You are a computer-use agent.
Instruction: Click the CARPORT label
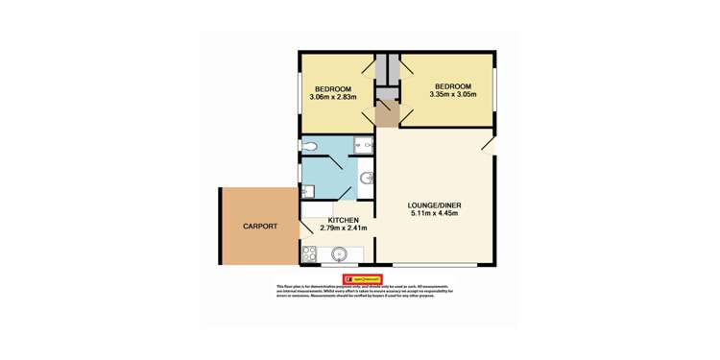[x=259, y=227]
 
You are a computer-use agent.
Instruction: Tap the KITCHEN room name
[x=317, y=220]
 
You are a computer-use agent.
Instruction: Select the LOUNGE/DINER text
[x=430, y=205]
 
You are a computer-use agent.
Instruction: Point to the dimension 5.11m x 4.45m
[x=430, y=214]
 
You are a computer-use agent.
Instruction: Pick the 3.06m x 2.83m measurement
[x=333, y=97]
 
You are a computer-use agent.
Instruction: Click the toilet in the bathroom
[x=310, y=146]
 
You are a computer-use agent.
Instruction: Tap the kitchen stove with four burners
[x=309, y=254]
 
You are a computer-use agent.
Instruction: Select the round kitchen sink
[x=339, y=255]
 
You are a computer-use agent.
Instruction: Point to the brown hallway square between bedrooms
[x=387, y=114]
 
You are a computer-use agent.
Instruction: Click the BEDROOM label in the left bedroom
[x=332, y=88]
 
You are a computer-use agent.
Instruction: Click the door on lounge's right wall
[x=490, y=143]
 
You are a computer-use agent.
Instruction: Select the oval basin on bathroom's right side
[x=367, y=178]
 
